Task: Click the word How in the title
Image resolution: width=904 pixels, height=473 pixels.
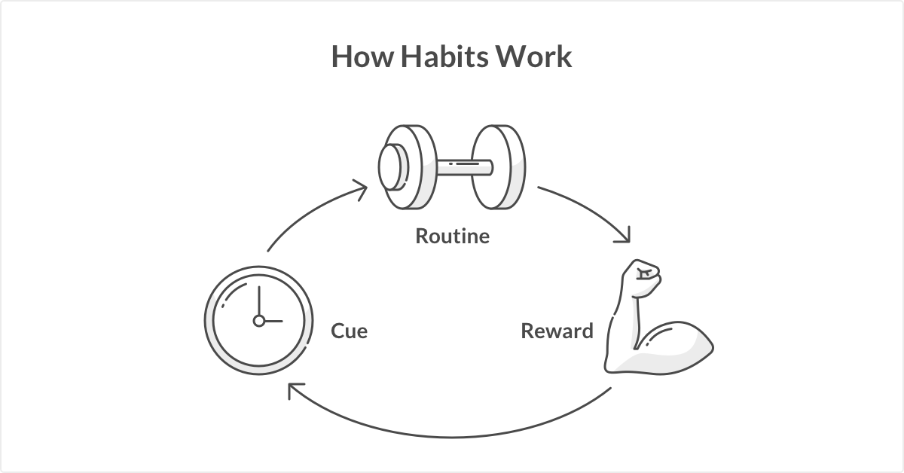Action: point(362,57)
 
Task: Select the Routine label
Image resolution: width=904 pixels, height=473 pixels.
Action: point(452,236)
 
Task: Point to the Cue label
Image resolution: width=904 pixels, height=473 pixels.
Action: point(350,331)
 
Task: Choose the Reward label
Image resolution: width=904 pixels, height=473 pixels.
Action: point(557,331)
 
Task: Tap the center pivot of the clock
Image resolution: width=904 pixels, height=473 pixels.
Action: point(258,321)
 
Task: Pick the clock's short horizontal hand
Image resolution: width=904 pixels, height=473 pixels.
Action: point(273,321)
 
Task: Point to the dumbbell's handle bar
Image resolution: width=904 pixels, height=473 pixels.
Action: point(463,165)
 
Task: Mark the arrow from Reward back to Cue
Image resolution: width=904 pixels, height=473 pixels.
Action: point(452,435)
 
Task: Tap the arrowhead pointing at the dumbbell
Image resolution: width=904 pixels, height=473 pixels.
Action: point(360,188)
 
